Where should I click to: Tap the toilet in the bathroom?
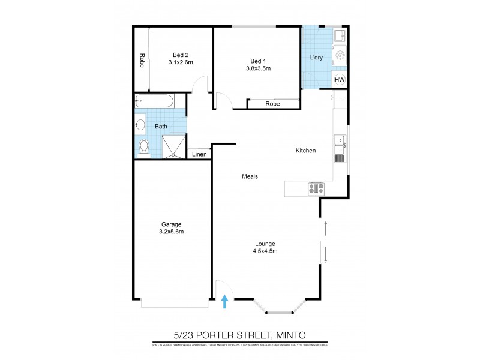(143, 146)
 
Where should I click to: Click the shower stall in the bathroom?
(175, 146)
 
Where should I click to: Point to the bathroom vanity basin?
(140, 125)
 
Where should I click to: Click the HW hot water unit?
(340, 80)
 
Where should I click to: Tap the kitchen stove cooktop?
(316, 188)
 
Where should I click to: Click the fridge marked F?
(340, 99)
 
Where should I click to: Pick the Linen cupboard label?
(199, 154)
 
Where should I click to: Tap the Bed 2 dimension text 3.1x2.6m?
(180, 62)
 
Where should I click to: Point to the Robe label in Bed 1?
(272, 104)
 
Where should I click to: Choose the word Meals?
(250, 176)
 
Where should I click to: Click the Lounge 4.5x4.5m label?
(265, 247)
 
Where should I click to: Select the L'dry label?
(316, 58)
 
